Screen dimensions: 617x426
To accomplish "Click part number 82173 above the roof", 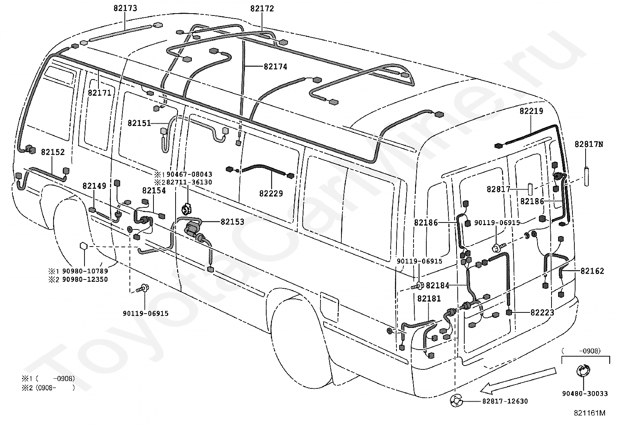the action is pos(125,8).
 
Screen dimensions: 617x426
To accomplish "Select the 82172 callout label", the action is pos(262,9).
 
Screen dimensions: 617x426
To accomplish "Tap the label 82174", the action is pos(276,67).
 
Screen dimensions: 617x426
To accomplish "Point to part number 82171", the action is pos(100,93).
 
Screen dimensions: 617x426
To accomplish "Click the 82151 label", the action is pos(140,123).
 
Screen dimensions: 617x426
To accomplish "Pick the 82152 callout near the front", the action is pos(53,152).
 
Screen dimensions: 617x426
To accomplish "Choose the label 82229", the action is pos(271,194).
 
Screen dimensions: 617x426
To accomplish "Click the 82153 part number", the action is pos(232,222).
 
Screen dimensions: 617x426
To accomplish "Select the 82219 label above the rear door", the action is pos(531,111).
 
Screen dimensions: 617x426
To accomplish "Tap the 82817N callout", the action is pos(589,144).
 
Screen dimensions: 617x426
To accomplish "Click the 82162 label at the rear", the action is pos(592,271).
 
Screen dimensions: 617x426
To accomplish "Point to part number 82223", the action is pos(542,313).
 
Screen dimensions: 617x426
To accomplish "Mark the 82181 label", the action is pos(429,299).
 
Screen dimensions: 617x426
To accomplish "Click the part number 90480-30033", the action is pos(585,394).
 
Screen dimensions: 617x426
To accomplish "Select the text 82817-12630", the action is pos(505,401).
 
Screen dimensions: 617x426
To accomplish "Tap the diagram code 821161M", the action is pos(590,413).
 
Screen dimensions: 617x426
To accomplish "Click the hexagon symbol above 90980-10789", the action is pos(84,246).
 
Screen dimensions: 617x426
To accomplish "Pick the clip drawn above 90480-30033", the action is pos(583,371).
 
